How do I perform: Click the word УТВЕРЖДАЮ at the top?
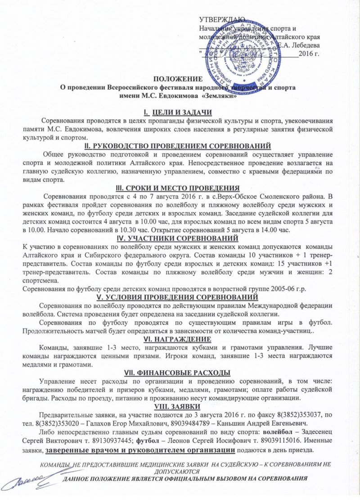(x=222, y=19)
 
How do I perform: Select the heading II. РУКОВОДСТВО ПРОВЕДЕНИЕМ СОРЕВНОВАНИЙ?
(x=180, y=145)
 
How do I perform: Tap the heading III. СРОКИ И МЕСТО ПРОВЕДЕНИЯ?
(x=180, y=188)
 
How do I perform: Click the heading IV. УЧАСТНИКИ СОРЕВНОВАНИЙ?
(x=180, y=238)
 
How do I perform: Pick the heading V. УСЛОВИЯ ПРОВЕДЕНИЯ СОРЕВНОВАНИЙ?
(x=180, y=297)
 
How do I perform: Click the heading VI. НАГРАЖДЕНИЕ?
(x=180, y=338)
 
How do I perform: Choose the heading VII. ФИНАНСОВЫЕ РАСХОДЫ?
(x=180, y=372)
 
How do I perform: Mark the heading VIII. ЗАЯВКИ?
(x=180, y=406)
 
